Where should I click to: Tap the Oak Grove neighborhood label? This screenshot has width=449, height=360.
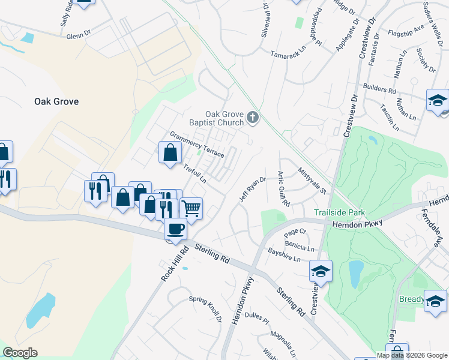pos(57,101)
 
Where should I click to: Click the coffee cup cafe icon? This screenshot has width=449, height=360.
pos(176,229)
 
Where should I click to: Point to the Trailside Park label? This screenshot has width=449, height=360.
pos(339,213)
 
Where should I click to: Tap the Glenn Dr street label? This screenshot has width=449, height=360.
pos(79,36)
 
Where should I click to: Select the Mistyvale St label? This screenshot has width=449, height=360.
pos(312,180)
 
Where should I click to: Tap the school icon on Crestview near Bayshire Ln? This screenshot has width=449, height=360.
pos(321,271)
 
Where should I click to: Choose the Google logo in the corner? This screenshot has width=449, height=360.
pos(20,353)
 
